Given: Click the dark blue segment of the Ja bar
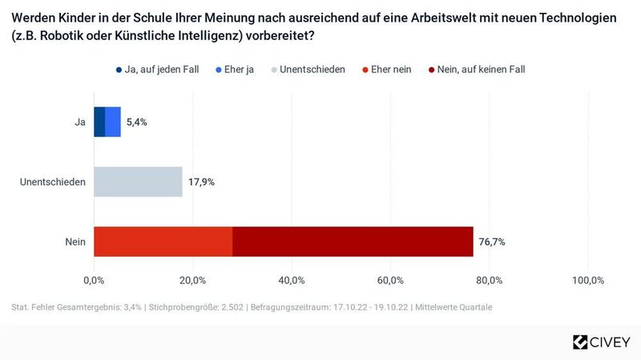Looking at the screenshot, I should [99, 122].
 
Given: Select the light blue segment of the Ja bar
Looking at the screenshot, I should [113, 122].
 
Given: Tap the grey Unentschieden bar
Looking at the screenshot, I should [138, 182].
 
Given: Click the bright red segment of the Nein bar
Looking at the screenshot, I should [163, 241].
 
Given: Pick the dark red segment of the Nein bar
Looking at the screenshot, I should [353, 241].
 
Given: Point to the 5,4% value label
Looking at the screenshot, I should [137, 122].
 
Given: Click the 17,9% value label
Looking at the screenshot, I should [201, 182].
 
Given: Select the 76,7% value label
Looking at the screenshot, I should [492, 241].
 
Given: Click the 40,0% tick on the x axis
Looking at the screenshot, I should [292, 280].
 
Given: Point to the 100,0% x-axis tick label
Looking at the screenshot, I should [588, 280].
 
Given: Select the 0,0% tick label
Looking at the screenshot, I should [94, 280].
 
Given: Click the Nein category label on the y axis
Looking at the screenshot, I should [75, 241].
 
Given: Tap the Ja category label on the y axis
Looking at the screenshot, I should [80, 122].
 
